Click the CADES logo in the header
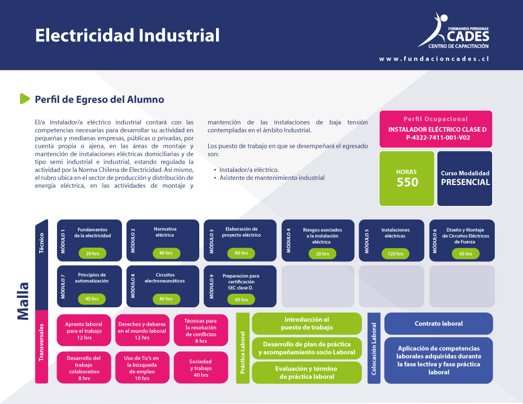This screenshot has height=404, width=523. (x=453, y=31)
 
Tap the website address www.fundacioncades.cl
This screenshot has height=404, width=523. (x=434, y=59)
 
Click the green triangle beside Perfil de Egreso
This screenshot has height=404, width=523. (x=25, y=99)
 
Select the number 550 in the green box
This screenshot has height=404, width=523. (x=407, y=182)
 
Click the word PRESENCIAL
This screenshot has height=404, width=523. (x=465, y=182)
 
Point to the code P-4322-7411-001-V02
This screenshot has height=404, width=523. (x=438, y=137)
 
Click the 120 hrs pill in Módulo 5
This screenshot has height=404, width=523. (x=395, y=253)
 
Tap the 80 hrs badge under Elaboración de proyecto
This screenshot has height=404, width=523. (x=241, y=253)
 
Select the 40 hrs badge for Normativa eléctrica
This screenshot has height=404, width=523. (x=166, y=253)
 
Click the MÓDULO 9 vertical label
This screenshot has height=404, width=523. (x=211, y=286)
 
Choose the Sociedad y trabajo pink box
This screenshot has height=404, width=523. (x=201, y=367)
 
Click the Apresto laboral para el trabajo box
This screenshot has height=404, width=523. (x=84, y=330)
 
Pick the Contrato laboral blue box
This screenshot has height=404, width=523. (x=439, y=324)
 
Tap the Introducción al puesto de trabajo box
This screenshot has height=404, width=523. (x=307, y=324)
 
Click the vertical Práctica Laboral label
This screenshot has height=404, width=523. (x=243, y=352)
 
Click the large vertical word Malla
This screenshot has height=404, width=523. (x=24, y=302)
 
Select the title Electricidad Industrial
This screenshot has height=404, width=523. (x=128, y=36)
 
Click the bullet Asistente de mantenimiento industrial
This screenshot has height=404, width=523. (x=272, y=178)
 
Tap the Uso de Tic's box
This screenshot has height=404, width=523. (x=142, y=367)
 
